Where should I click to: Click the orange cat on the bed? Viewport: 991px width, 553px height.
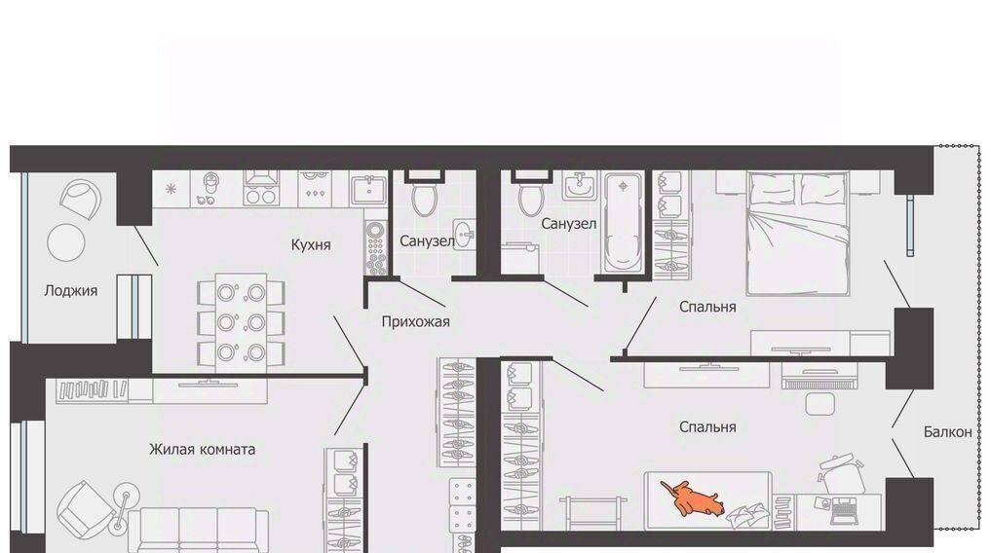(x=692, y=497)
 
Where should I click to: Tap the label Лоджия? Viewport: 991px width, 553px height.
(x=71, y=291)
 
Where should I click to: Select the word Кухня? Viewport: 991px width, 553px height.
(x=311, y=244)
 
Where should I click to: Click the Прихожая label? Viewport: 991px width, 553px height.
(x=415, y=322)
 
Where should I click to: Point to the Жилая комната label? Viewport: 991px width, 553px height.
(x=203, y=450)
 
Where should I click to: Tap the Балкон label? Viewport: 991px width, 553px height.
(x=947, y=432)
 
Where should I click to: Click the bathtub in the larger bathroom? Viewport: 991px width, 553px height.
(x=624, y=224)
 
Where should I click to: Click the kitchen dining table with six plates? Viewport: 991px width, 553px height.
(x=241, y=322)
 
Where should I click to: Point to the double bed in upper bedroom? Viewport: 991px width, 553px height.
(x=798, y=234)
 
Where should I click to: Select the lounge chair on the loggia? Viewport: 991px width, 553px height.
(x=80, y=197)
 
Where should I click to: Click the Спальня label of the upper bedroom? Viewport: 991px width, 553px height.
(x=707, y=307)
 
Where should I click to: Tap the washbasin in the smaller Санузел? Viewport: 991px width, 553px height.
(x=464, y=235)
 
